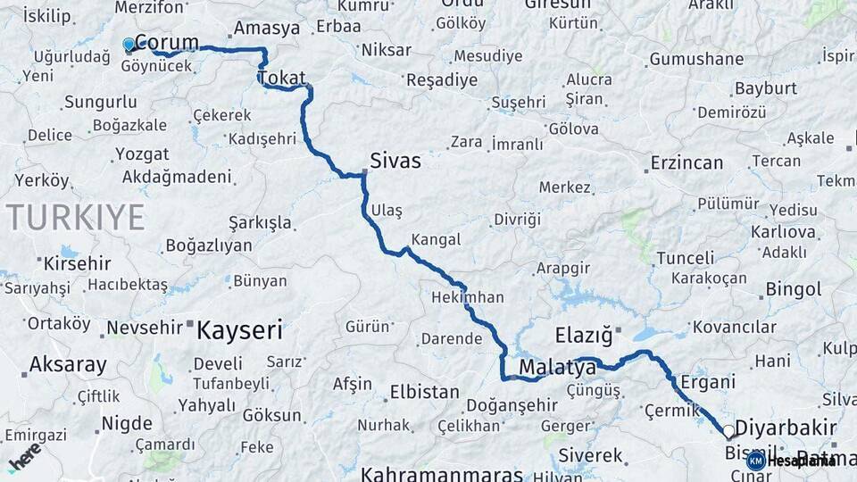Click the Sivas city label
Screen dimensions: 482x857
[395, 162]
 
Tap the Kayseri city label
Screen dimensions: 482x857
[238, 330]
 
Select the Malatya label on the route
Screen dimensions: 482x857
[557, 368]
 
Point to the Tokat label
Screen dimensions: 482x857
[282, 79]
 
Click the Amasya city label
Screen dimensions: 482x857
[267, 29]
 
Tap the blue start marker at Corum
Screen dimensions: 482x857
[129, 44]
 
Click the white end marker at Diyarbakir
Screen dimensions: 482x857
[728, 432]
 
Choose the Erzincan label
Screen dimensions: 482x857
[686, 163]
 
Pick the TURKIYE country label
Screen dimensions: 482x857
[75, 217]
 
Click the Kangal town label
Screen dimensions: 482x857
[436, 239]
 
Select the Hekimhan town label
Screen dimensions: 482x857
[467, 297]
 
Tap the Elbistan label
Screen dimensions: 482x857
[424, 392]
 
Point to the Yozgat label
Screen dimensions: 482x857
[142, 154]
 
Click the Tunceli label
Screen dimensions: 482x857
[686, 258]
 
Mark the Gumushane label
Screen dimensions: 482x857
[696, 60]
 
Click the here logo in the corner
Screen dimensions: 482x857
[24, 457]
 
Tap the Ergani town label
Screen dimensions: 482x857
[708, 382]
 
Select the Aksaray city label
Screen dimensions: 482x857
[68, 364]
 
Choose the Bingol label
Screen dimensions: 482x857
[794, 289]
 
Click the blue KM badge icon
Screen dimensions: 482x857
[755, 461]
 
